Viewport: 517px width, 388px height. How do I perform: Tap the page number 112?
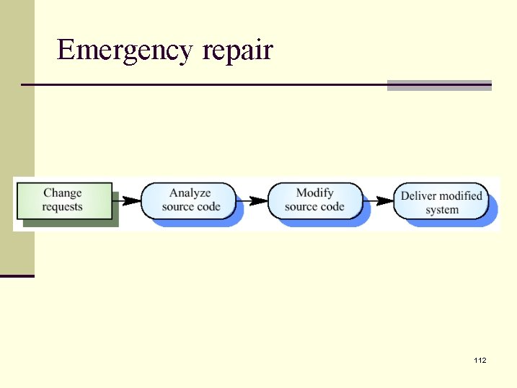(x=480, y=360)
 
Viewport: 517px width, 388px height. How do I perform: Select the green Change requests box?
(x=64, y=200)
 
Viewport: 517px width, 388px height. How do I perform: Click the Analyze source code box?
(x=189, y=200)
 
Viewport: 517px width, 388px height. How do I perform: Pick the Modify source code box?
(x=315, y=200)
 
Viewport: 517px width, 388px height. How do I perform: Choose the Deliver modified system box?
(x=441, y=202)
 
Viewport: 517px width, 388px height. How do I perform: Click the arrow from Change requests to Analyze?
(x=128, y=200)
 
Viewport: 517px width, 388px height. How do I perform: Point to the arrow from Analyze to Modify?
(x=253, y=200)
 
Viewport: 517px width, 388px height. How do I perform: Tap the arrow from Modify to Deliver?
(x=379, y=200)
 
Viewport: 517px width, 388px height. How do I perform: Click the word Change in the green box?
(x=63, y=193)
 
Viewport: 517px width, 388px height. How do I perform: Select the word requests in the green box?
(x=63, y=207)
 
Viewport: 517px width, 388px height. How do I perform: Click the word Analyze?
(x=190, y=193)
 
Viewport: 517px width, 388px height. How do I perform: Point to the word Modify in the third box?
(x=315, y=193)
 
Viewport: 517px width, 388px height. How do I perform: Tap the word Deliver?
(x=419, y=195)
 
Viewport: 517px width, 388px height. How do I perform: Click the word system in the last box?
(x=441, y=210)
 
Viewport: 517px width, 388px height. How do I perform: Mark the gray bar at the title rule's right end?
(x=439, y=85)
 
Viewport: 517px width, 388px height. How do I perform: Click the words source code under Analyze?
(x=191, y=207)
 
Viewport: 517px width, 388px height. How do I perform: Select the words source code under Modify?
(x=315, y=207)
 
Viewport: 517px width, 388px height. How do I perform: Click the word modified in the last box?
(x=461, y=195)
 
